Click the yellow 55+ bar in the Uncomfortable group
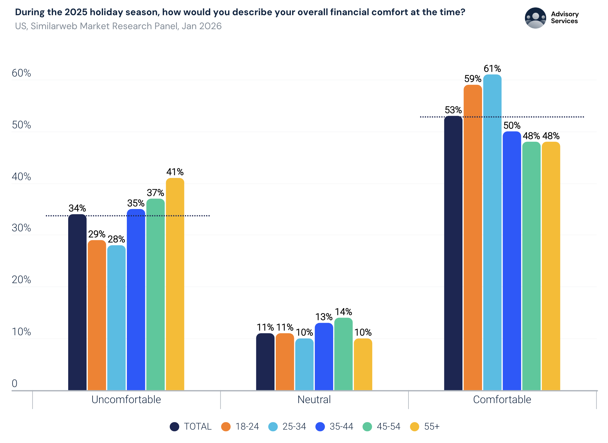(175, 284)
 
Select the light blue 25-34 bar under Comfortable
(492, 232)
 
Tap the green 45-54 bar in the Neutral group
(343, 354)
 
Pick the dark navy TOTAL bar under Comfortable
(453, 253)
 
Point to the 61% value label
(492, 69)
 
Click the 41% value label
(175, 172)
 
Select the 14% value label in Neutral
(343, 312)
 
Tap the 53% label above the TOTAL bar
(453, 110)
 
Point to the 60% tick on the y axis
(21, 73)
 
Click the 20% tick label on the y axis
(21, 280)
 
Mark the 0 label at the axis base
(15, 383)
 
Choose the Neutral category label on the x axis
(314, 400)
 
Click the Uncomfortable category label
(126, 400)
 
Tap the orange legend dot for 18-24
(226, 427)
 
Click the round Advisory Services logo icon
(535, 18)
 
